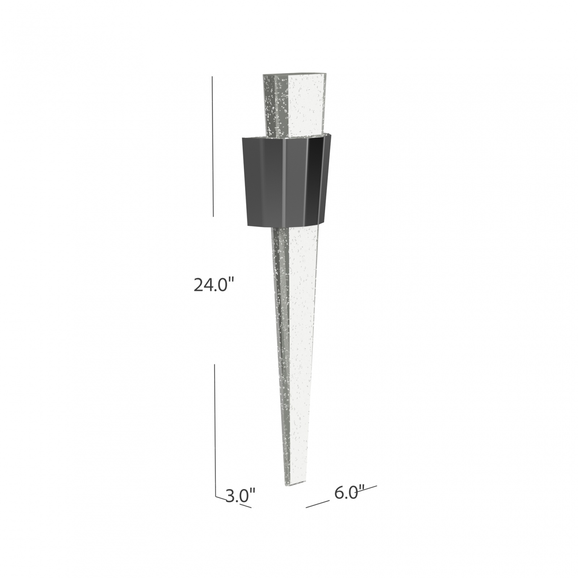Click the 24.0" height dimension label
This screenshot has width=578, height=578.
pos(212,285)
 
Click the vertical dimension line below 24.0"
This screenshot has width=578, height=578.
pos(215,426)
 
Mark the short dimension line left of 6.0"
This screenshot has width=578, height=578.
pos(317,504)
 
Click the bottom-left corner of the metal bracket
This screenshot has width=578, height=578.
pos(248,226)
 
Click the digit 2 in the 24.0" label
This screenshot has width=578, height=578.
pos(199,285)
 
